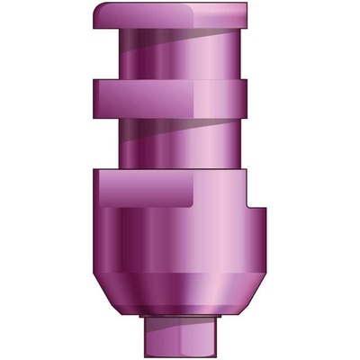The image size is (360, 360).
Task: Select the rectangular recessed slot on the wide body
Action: point(144,192)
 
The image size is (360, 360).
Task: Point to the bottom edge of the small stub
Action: point(180,354)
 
